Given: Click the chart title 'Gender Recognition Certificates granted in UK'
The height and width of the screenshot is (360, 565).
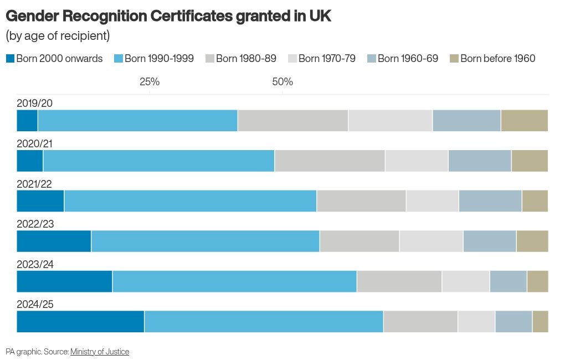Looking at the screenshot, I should (x=168, y=16).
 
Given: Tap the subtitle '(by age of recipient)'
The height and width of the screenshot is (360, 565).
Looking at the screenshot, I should (x=58, y=36).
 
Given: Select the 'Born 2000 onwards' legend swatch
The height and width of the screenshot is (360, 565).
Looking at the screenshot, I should (x=10, y=59).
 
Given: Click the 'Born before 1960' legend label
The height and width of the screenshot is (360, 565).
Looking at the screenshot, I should (x=497, y=59).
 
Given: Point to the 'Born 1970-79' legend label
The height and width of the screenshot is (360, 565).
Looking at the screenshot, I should (x=327, y=59).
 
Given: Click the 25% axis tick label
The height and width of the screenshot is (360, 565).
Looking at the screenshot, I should (x=150, y=82).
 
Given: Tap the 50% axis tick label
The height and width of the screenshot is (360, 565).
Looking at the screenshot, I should (x=282, y=82).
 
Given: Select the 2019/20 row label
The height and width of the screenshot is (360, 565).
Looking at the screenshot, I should (x=35, y=104).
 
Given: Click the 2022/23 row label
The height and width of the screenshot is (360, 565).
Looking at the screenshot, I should (x=35, y=224).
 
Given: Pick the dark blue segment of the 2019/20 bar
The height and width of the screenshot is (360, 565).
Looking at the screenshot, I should (x=27, y=121).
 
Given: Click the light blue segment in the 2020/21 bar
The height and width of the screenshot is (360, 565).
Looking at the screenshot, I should (x=158, y=161).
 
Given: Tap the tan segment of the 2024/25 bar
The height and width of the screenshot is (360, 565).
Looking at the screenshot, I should (x=540, y=322).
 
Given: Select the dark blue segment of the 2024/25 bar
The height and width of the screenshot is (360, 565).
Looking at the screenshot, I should (x=80, y=322).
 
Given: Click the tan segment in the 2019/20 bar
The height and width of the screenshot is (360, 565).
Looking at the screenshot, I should (x=524, y=121).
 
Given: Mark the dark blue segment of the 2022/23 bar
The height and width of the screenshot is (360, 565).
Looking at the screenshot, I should (x=54, y=241).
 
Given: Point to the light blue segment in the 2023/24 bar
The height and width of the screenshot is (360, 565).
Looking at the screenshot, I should (x=234, y=282).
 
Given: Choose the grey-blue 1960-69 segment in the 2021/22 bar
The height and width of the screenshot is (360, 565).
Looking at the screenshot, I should (x=490, y=201).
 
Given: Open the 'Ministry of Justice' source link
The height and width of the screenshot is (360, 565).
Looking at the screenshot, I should (x=100, y=352).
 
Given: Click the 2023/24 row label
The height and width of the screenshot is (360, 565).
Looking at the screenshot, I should (x=35, y=265).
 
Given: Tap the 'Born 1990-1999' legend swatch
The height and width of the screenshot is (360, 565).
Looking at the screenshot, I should (x=119, y=59).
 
